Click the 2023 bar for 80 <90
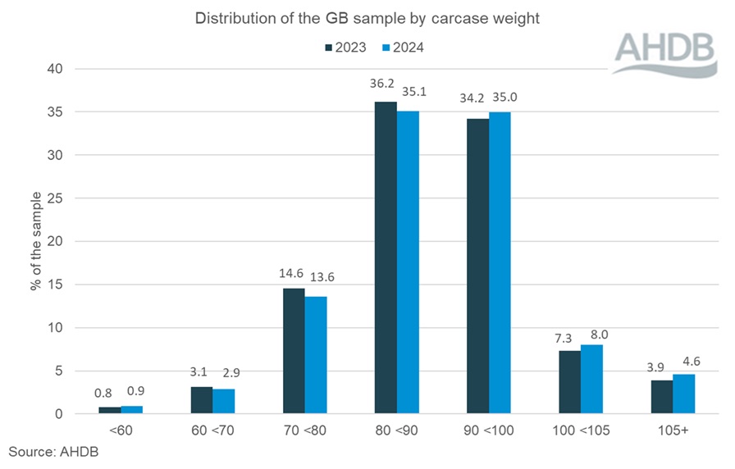386,257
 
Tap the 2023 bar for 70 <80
294,351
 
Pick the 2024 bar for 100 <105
591,379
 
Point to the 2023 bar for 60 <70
202,400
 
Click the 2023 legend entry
344,47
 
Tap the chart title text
367,19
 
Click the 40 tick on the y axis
54,69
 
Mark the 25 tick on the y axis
54,198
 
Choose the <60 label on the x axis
121,430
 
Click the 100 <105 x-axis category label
580,430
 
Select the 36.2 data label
385,84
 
